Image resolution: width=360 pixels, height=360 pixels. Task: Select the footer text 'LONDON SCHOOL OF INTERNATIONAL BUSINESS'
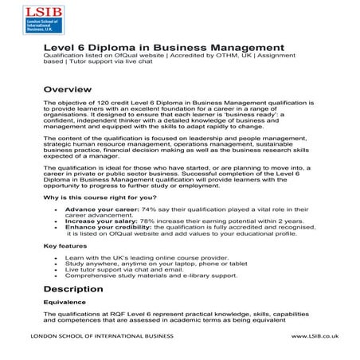pyautogui.click(x=103, y=338)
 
